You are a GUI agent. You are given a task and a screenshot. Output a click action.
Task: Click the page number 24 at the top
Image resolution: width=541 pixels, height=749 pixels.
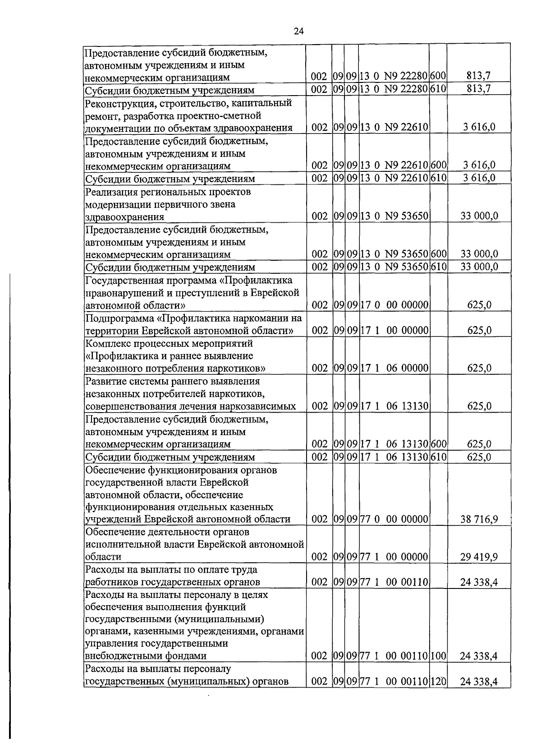point(298,31)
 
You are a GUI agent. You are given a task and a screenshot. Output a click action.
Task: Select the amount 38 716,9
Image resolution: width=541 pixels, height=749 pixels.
point(479,519)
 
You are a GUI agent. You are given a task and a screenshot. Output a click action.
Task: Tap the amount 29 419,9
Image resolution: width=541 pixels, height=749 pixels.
point(479,557)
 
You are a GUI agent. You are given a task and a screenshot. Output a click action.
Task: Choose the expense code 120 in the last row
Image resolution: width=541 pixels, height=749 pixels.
point(438,681)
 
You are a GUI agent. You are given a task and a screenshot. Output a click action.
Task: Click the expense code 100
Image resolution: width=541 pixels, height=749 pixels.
point(438,656)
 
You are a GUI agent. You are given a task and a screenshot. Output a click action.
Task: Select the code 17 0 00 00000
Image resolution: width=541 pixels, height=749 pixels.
point(394,305)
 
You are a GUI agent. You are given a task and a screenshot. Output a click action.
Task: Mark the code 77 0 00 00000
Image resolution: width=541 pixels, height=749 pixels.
point(394,519)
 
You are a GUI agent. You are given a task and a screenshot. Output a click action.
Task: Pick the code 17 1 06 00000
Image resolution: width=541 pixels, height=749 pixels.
point(394,368)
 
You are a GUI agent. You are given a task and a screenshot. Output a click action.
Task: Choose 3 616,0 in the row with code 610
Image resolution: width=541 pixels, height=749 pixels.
point(479,178)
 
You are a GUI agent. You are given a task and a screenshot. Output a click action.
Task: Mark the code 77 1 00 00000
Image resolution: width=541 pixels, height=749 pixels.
point(394,557)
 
